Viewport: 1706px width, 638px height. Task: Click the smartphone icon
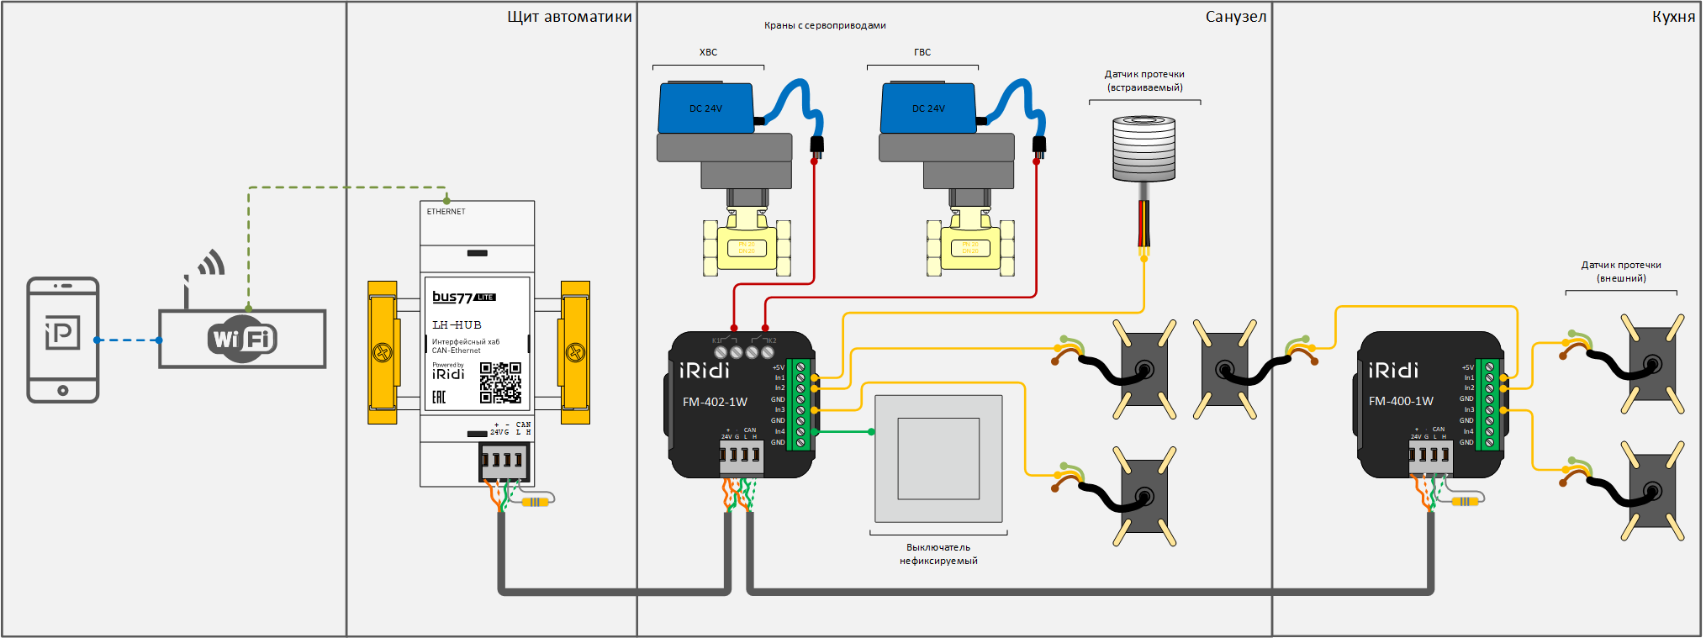63,340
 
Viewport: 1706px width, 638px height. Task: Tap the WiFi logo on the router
242,339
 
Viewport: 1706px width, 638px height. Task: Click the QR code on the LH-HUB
500,382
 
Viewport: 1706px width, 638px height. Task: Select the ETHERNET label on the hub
446,212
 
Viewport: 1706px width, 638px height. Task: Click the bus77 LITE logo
463,297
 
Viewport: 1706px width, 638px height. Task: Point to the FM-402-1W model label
715,402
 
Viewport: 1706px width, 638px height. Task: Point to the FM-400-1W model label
1401,401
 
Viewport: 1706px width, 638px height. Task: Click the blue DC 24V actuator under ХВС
706,108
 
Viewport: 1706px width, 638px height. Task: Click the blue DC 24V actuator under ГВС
928,108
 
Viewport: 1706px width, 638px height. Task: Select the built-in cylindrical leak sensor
1143,149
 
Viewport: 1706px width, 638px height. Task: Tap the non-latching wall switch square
938,459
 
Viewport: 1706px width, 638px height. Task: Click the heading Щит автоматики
569,17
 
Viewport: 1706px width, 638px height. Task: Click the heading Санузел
1235,17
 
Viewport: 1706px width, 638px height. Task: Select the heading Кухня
1673,17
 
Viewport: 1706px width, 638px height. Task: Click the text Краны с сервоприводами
825,25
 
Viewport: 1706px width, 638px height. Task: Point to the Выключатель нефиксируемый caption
938,554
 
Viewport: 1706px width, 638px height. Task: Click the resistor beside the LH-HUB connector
535,502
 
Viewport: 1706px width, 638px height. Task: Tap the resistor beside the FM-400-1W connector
1464,501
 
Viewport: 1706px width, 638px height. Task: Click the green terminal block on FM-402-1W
800,404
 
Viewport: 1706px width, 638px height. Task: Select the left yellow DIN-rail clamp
383,352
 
